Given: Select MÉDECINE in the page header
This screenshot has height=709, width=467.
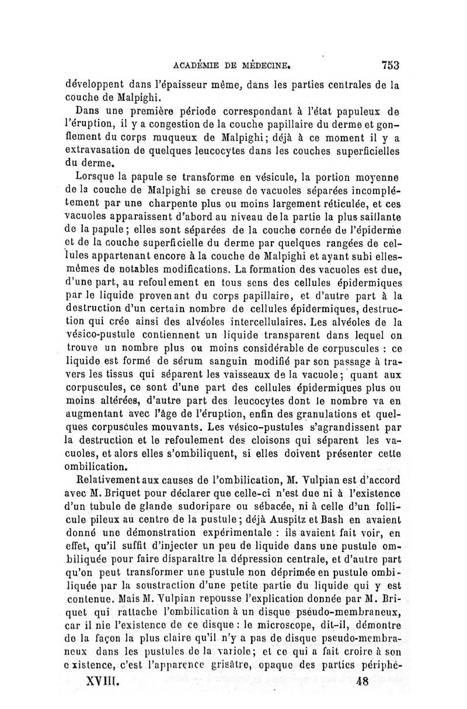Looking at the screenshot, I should click(264, 65).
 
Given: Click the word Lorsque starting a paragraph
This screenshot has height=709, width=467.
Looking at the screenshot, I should click(99, 176).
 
